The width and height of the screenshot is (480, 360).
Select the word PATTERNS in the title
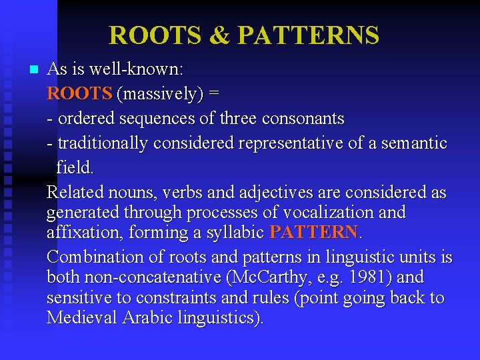(308, 35)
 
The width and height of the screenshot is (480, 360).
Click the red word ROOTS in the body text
(79, 94)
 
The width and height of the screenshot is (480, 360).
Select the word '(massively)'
(159, 94)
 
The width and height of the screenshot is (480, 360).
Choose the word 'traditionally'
(103, 143)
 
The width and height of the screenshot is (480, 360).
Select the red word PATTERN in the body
(313, 232)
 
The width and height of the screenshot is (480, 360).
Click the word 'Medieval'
(82, 317)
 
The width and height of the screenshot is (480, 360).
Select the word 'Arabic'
(147, 317)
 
